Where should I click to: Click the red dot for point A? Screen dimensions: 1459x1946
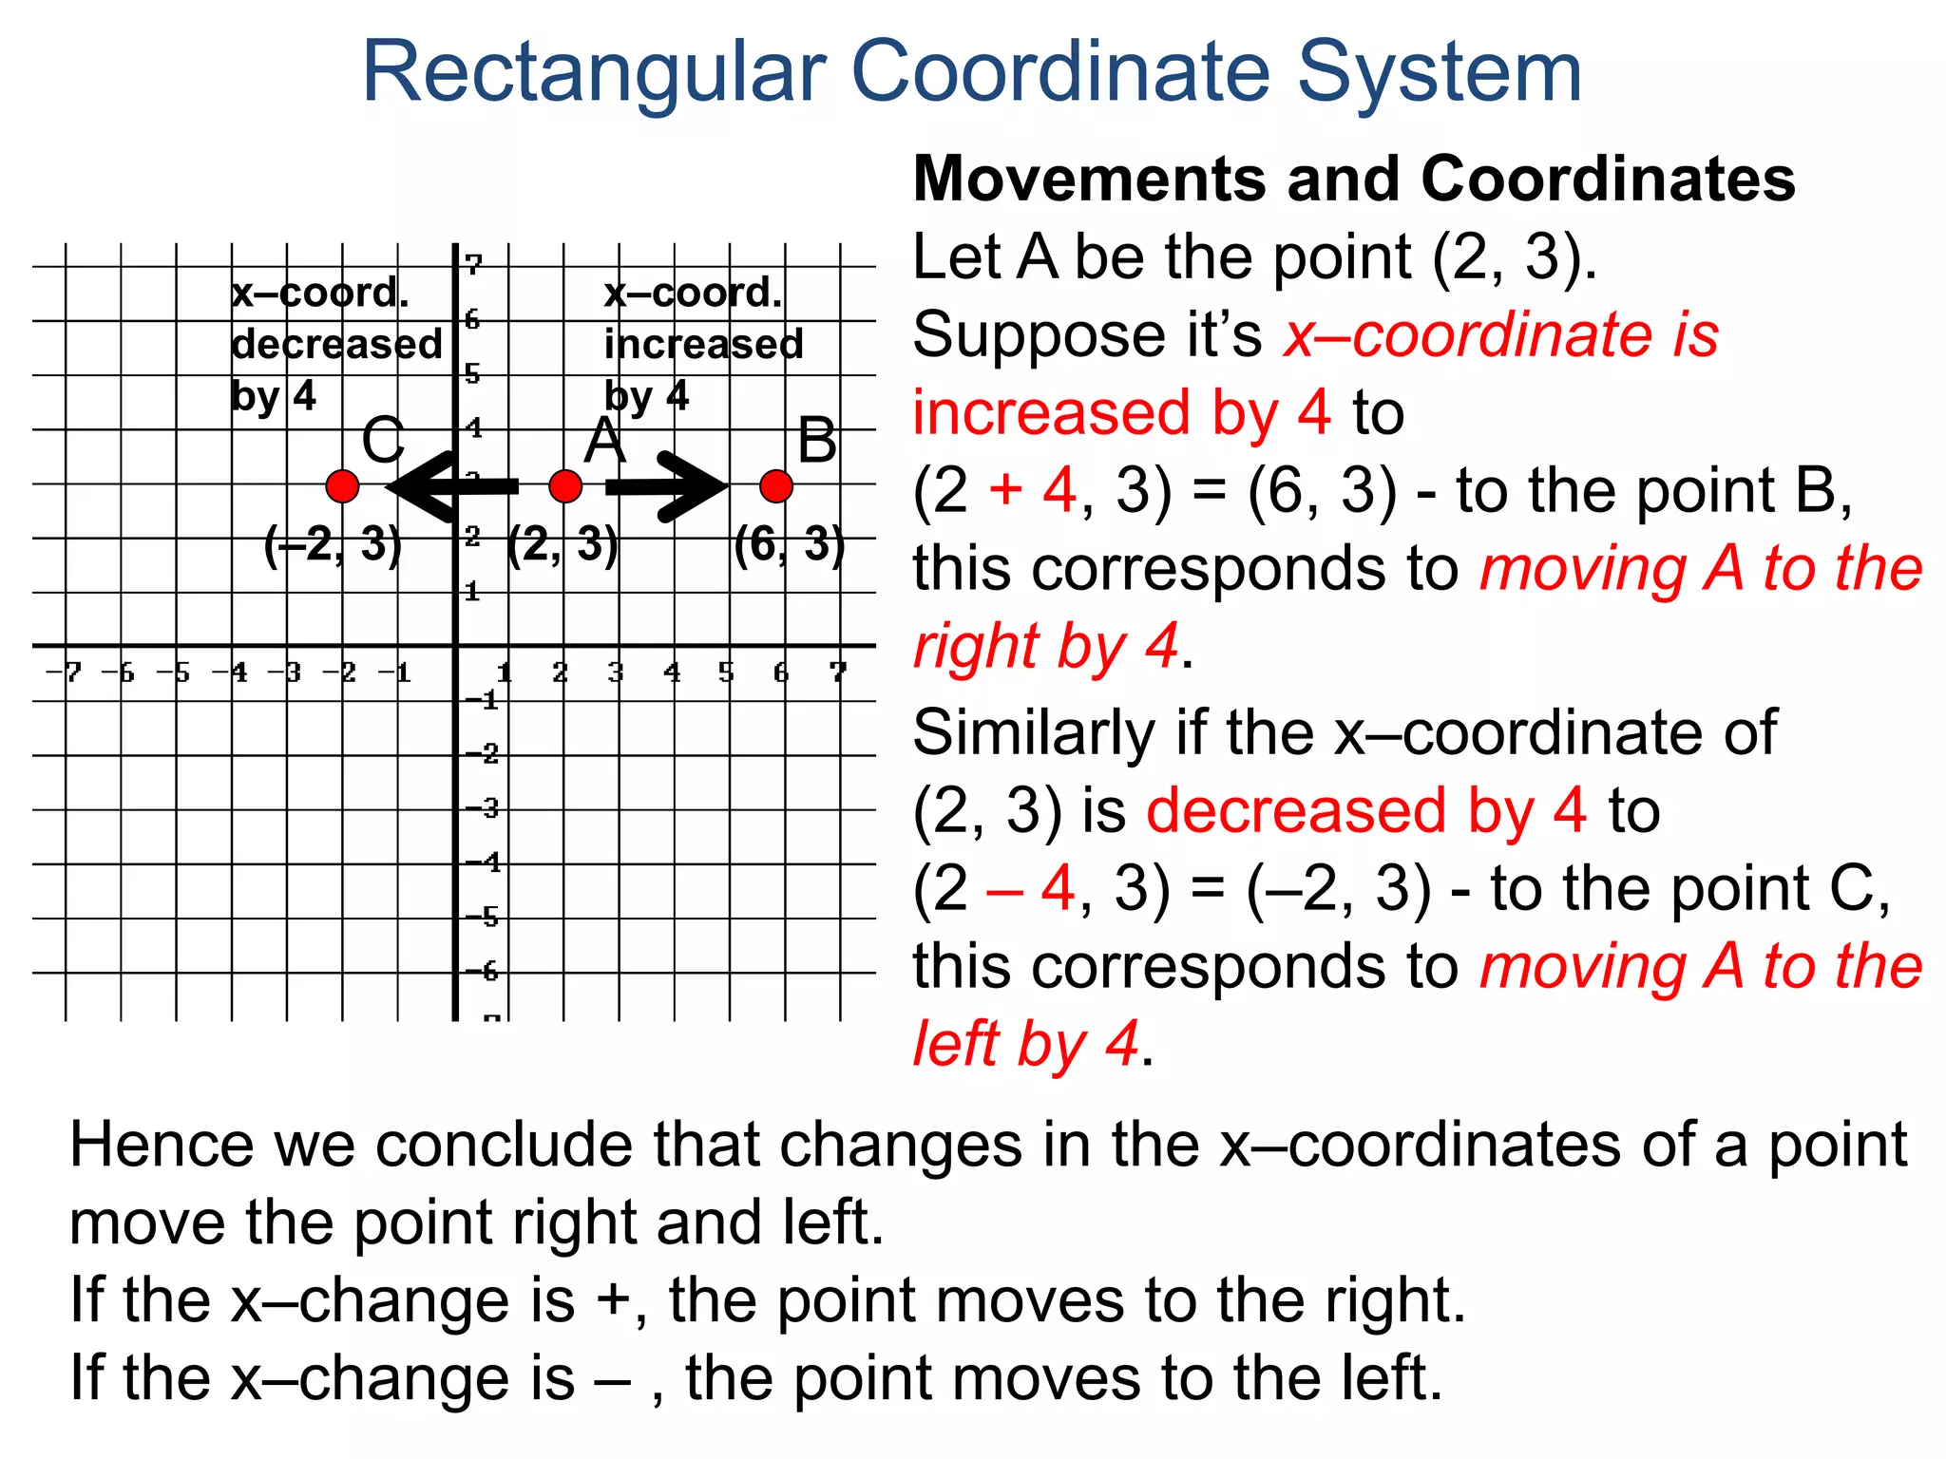coord(565,486)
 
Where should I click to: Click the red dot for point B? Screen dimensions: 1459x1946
coord(776,486)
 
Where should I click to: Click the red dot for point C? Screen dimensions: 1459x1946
coord(342,486)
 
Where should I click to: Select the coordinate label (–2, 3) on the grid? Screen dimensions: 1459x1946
coord(333,545)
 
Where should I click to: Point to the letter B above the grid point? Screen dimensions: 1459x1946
coord(817,441)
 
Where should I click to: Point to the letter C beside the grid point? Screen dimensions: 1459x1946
coord(383,441)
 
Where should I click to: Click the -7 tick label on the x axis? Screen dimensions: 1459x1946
coord(65,673)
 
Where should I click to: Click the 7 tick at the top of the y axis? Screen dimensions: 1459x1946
coord(473,265)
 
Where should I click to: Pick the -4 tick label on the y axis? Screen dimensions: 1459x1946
coord(483,862)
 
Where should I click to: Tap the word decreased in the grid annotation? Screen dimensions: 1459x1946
coord(336,344)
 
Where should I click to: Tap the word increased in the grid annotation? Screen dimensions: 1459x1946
coord(703,344)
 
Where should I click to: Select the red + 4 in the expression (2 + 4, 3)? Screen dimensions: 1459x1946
coord(1032,491)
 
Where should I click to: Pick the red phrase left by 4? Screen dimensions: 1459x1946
coord(1025,1044)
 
